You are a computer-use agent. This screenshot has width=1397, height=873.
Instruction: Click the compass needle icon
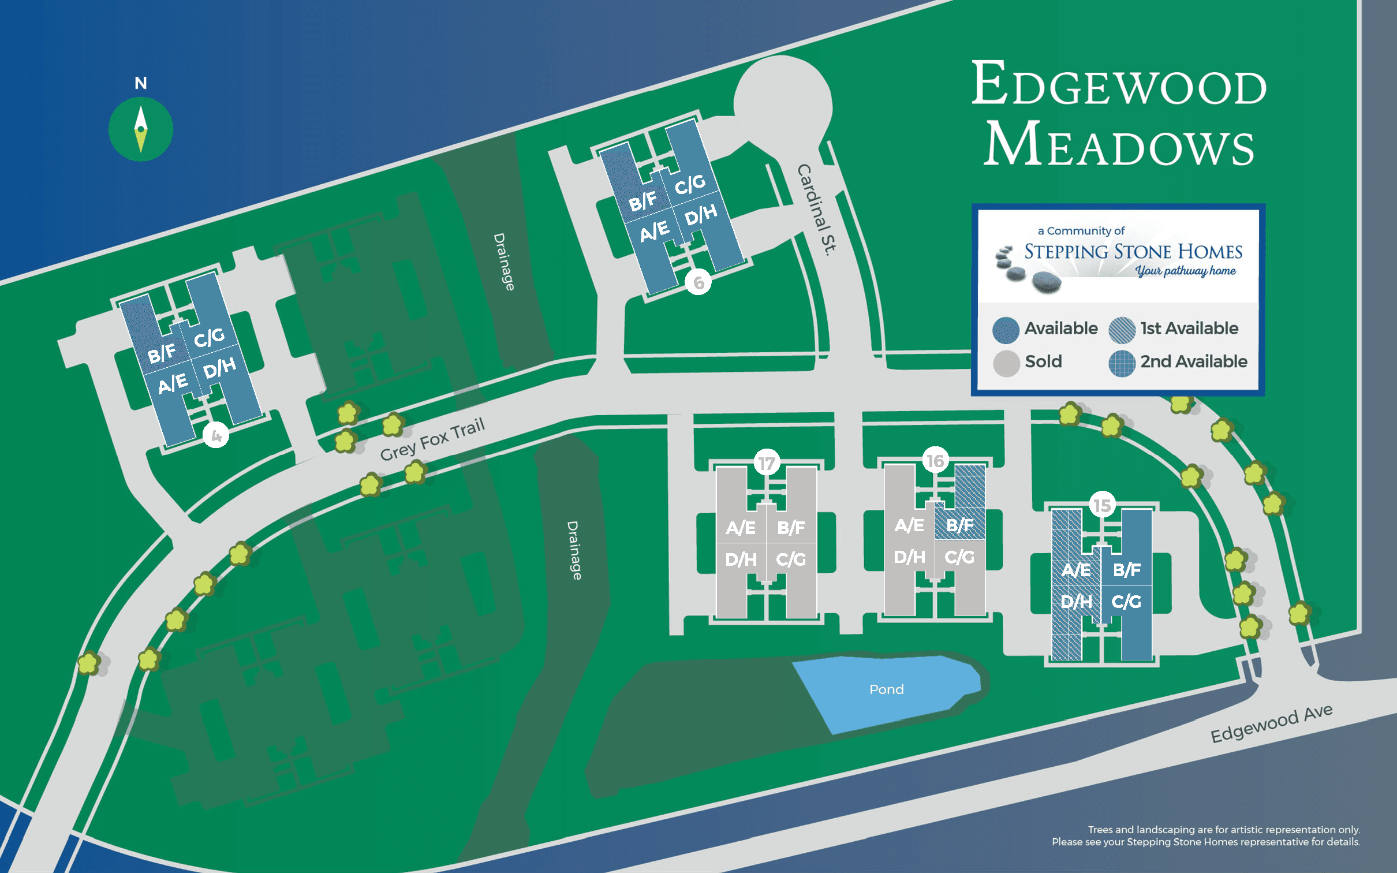141,129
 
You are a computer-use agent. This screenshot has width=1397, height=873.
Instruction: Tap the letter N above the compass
141,83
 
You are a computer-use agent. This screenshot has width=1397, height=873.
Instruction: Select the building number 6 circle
698,282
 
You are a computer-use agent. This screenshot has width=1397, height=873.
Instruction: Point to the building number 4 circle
216,435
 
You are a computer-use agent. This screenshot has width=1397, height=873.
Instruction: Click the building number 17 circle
767,463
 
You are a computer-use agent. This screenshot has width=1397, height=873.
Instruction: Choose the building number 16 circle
935,461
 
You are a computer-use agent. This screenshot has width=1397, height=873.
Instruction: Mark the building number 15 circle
1101,505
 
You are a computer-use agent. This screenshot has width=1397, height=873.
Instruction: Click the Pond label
886,689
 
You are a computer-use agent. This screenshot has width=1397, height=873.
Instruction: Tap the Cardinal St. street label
816,210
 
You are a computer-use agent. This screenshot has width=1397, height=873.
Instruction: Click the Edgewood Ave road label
1271,723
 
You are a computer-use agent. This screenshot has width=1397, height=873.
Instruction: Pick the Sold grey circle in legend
1006,363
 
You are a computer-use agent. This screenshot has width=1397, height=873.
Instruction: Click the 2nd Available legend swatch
1122,363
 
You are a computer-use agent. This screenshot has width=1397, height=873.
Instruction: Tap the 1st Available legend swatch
1122,330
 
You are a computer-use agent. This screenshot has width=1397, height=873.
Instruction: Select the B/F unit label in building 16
960,525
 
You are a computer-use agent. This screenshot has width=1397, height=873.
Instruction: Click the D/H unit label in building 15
1076,602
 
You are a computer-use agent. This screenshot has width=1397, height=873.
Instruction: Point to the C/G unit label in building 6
690,184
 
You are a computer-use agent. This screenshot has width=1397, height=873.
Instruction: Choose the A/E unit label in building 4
173,383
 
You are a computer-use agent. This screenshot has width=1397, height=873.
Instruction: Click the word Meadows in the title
1119,144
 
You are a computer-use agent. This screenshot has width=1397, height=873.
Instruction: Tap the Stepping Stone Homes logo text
1133,252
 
